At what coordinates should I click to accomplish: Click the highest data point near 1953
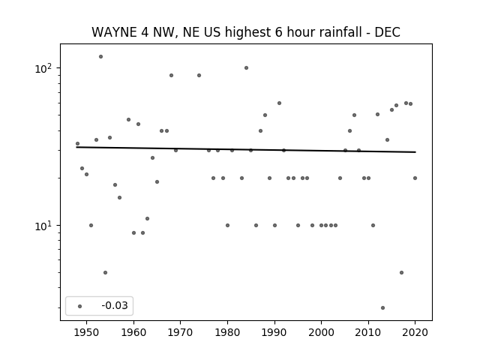pyautogui.click(x=100, y=57)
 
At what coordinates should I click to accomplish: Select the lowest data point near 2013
pyautogui.click(x=382, y=308)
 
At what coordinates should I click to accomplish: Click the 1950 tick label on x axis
pyautogui.click(x=87, y=332)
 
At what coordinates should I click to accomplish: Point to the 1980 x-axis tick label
pyautogui.click(x=227, y=332)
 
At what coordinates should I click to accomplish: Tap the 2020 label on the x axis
pyautogui.click(x=415, y=332)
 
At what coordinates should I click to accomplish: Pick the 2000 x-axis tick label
pyautogui.click(x=322, y=332)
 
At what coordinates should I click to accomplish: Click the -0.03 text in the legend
pyautogui.click(x=115, y=305)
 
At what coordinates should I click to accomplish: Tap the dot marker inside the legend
pyautogui.click(x=79, y=306)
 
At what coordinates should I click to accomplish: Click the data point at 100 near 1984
pyautogui.click(x=246, y=68)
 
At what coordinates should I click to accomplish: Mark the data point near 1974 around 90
pyautogui.click(x=199, y=75)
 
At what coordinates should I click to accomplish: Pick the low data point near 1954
pyautogui.click(x=105, y=272)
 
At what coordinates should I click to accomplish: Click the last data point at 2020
pyautogui.click(x=415, y=178)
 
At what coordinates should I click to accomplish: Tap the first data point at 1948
pyautogui.click(x=77, y=143)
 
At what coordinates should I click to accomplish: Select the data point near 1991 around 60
pyautogui.click(x=279, y=103)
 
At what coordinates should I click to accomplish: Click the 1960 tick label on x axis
pyautogui.click(x=133, y=332)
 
